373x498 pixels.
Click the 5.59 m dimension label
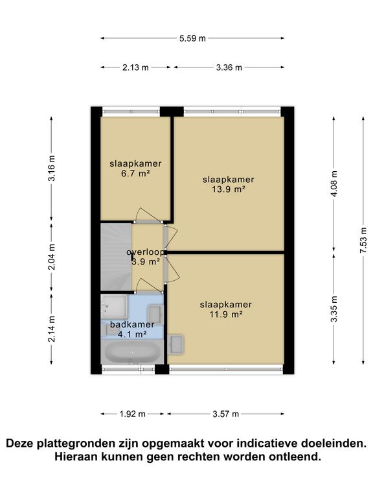click(192, 38)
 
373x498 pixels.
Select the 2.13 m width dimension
click(135, 67)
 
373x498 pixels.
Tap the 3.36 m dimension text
click(229, 67)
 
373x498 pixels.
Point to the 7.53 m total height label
click(363, 241)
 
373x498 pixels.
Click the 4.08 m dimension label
click(334, 184)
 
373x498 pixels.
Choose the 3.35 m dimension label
click(334, 309)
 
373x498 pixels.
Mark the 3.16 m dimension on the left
click(51, 169)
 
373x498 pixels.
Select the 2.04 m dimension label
click(51, 257)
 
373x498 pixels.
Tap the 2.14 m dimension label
click(51, 329)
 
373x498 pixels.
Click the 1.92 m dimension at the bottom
click(132, 414)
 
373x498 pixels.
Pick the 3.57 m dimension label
click(225, 414)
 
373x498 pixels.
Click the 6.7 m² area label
click(135, 173)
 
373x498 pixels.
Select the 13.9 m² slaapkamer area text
click(229, 189)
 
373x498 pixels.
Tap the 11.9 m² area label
click(226, 314)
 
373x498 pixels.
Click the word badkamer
click(132, 324)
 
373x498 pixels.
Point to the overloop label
click(146, 252)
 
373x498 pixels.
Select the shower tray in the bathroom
click(114, 307)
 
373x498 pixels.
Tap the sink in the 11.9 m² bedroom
click(176, 344)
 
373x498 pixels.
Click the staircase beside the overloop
click(116, 257)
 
